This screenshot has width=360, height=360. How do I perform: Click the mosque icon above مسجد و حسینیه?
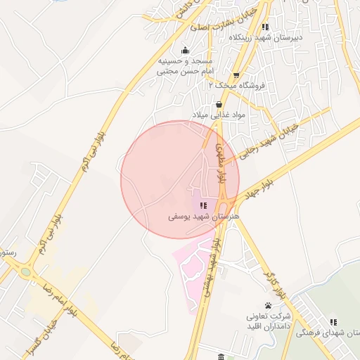point(185,50)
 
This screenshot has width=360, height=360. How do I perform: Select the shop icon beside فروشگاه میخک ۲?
point(236,76)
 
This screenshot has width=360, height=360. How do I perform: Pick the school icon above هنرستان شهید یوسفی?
point(203,205)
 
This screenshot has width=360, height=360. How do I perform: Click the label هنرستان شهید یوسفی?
point(204,217)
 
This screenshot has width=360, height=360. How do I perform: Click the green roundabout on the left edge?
point(26,271)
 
